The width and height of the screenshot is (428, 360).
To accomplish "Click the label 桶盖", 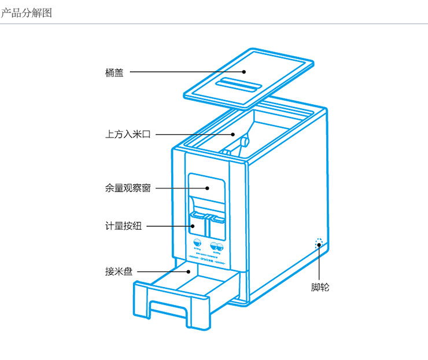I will pos(115,73).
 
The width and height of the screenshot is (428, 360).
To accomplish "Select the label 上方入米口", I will pos(128,134).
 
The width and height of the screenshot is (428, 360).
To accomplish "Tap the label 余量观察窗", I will pos(128,188).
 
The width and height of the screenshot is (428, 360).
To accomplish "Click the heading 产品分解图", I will pos(27,12).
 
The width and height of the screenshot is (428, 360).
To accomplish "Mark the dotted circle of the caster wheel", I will pos(319,244).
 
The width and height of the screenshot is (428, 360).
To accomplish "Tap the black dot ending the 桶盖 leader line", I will pos(245,72).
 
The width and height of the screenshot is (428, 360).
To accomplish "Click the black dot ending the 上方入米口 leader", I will pos(234,134).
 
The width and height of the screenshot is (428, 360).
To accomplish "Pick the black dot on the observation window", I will pos(207,188).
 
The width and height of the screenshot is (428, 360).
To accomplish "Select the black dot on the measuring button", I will pos(193,226).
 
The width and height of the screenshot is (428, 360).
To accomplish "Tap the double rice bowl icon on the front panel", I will pos(217,245).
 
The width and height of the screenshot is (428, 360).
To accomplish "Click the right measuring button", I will pos(218,219).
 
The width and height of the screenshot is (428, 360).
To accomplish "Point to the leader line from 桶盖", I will pos(185,72).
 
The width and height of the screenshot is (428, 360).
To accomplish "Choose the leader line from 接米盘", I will pos(162,271).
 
